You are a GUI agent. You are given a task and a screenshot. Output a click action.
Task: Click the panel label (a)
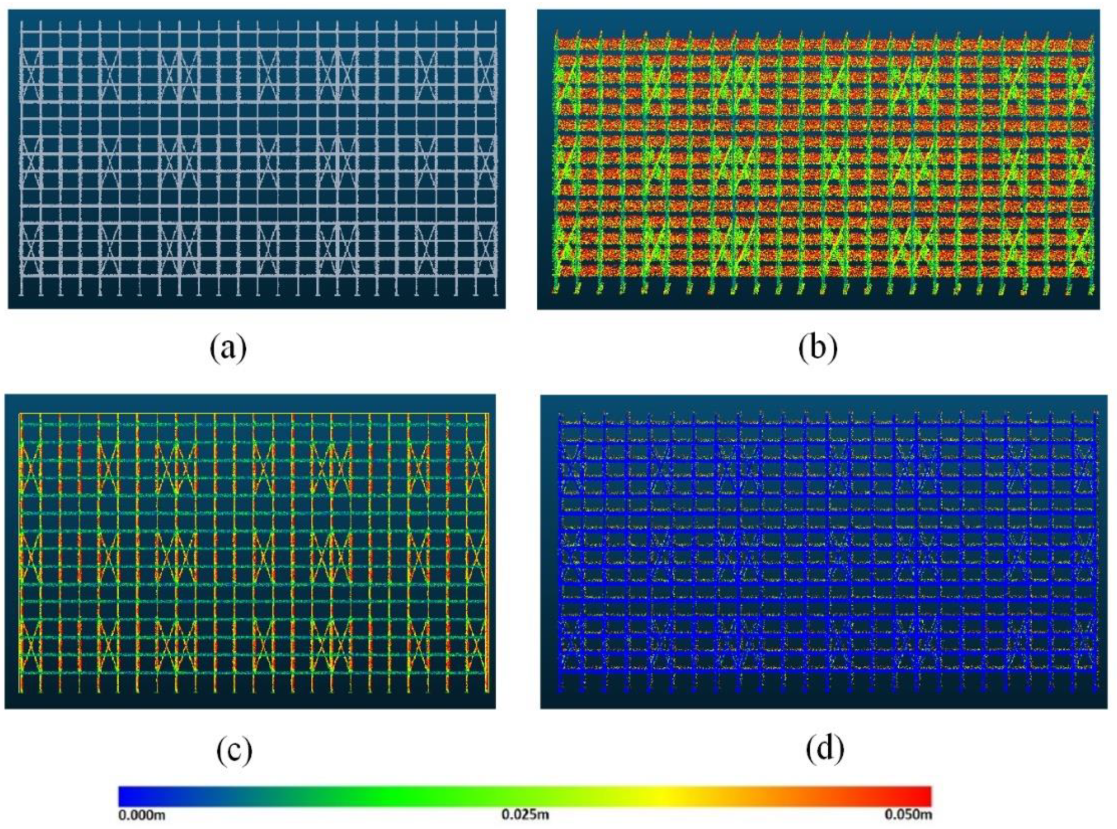(228, 348)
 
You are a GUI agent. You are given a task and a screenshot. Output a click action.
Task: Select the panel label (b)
(817, 348)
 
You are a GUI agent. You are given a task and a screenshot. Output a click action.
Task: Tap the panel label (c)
(234, 749)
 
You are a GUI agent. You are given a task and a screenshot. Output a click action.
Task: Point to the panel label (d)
(825, 747)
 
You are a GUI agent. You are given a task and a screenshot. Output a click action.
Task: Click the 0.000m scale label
(142, 815)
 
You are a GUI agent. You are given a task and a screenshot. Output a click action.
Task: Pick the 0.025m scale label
(525, 815)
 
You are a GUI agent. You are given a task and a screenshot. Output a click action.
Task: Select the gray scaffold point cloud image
(257, 159)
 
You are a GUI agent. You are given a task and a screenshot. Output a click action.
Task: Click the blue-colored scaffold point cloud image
(824, 551)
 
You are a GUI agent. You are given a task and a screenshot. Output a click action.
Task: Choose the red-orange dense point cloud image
(818, 159)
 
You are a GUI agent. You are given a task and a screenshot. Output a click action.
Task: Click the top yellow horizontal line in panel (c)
(253, 414)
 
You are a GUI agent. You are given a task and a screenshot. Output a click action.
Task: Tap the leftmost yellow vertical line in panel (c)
(20, 553)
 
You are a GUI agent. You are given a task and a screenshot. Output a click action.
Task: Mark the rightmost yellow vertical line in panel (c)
(488, 553)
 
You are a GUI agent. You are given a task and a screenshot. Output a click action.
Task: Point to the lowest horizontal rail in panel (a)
(258, 275)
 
